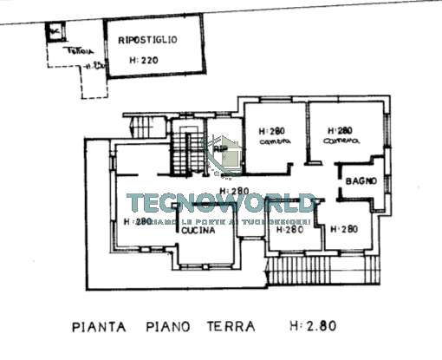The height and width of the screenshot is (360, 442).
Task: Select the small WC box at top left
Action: tap(55, 31)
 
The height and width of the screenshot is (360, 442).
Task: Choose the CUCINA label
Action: tap(198, 231)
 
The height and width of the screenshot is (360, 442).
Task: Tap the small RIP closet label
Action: tap(219, 148)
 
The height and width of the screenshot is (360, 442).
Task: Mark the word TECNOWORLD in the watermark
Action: tap(221, 205)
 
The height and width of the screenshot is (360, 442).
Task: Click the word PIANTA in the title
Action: tap(99, 327)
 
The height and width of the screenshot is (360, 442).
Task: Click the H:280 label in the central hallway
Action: tap(234, 191)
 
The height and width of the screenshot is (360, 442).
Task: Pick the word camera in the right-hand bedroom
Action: tap(341, 141)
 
